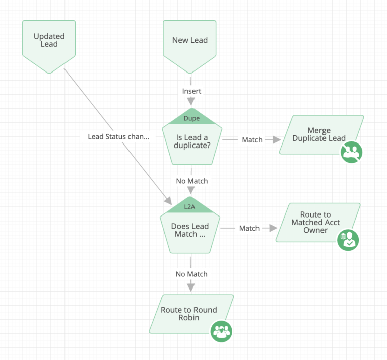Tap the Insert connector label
pos(191,91)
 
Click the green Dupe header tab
pos(191,119)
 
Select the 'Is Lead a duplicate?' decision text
pos(192,141)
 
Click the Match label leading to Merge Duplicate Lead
pos(252,139)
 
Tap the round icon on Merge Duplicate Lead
pos(351,152)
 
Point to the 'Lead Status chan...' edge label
pos(118,136)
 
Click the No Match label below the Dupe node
pos(191,181)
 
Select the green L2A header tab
pos(190,206)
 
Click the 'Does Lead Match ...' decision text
pos(190,230)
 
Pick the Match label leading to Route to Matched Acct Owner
pos(249,228)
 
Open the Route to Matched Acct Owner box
pos(315,222)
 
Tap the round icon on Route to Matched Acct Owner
pos(348,240)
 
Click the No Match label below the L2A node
pos(191,274)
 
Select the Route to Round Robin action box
pos(188,313)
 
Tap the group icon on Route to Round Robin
pos(221,331)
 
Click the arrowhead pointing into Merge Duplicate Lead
pos(277,139)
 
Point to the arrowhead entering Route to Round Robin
pos(191,287)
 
